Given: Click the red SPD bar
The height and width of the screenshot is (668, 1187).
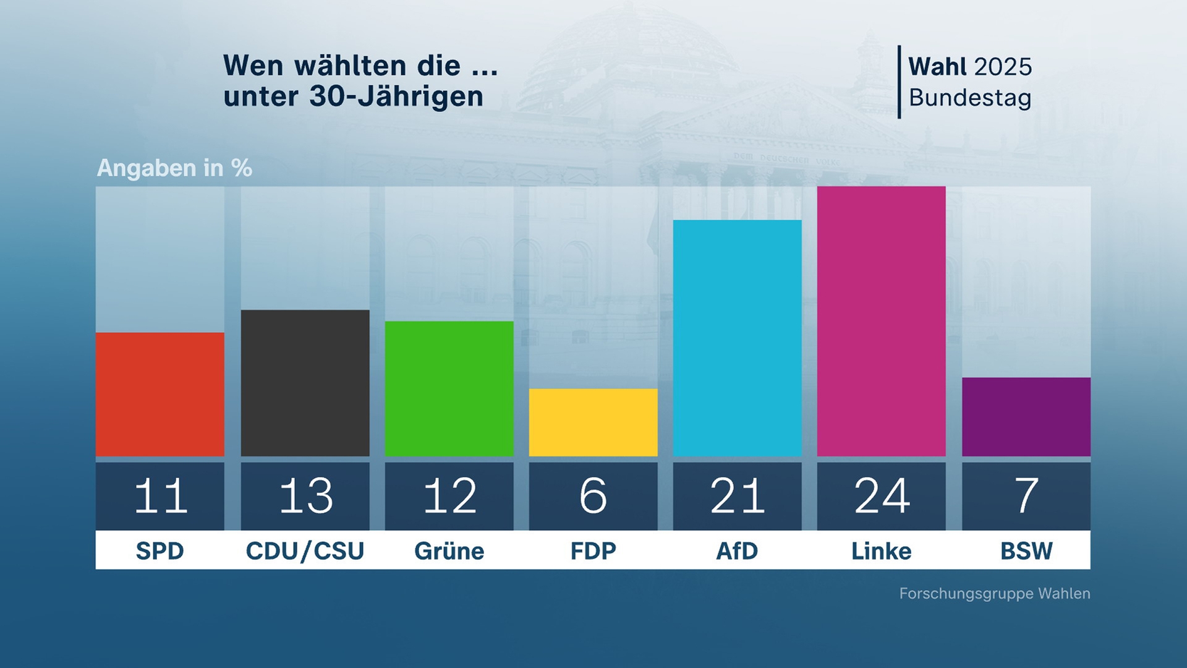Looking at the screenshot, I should click(160, 394).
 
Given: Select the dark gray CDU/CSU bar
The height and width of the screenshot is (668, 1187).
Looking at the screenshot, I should click(305, 383).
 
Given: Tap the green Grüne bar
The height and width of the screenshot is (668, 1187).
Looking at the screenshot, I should click(449, 388).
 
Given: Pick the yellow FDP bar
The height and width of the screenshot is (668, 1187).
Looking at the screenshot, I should click(593, 422).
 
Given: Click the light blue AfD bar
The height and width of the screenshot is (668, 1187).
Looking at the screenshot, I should click(737, 338).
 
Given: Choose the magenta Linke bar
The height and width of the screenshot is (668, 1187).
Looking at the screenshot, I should click(881, 321).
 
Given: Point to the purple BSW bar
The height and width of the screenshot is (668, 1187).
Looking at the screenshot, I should click(1026, 417).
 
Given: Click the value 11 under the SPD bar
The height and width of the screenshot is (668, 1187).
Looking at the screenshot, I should click(160, 496).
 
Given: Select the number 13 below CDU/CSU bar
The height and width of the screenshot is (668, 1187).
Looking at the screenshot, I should click(305, 496).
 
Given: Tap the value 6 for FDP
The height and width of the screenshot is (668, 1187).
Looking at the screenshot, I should click(593, 496).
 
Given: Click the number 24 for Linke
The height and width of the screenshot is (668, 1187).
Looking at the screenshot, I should click(882, 496).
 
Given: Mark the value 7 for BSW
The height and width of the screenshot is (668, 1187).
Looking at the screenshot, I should click(1026, 496).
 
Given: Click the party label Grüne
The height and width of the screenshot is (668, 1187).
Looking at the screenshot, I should click(449, 550).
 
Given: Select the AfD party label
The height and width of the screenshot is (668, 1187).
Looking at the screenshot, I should click(737, 550).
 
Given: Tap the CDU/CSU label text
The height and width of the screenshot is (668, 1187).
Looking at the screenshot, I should click(305, 550).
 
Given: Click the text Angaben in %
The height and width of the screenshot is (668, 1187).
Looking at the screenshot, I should click(174, 168).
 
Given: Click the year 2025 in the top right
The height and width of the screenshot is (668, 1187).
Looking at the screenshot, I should click(1002, 67).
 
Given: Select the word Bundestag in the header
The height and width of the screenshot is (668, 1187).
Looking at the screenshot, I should click(969, 98).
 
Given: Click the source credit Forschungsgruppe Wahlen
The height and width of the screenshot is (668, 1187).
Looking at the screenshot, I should click(994, 593).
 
